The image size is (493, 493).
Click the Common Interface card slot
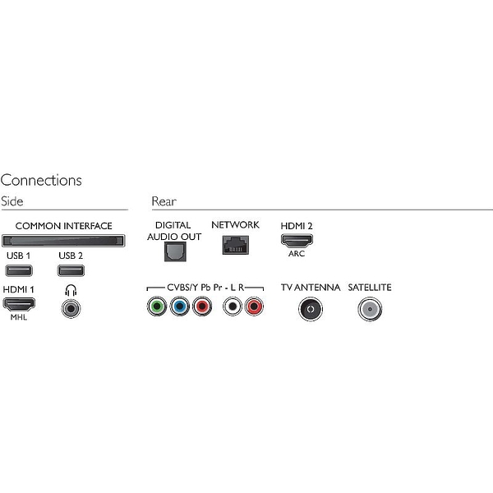click(x=63, y=241)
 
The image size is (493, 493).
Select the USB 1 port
click(x=19, y=270)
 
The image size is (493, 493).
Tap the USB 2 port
click(x=71, y=270)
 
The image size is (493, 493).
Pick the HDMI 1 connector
click(x=19, y=304)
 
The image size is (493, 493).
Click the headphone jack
click(x=71, y=308)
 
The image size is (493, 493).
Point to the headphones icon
click(x=71, y=290)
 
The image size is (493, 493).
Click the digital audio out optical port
click(x=175, y=251)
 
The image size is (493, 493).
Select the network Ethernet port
click(x=236, y=245)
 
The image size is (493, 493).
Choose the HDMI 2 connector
click(x=297, y=241)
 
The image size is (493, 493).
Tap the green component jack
click(x=157, y=306)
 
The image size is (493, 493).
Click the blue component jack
click(x=179, y=306)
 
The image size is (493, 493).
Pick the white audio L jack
click(x=232, y=306)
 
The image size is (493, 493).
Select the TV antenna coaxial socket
click(x=311, y=309)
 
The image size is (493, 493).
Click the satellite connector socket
click(x=370, y=309)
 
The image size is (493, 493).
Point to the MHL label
click(x=19, y=317)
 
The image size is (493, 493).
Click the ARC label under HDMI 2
click(x=297, y=253)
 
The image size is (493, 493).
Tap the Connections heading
click(x=41, y=180)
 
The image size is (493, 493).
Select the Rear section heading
click(x=164, y=201)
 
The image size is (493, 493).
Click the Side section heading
click(x=12, y=201)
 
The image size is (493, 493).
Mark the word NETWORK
click(x=235, y=225)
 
